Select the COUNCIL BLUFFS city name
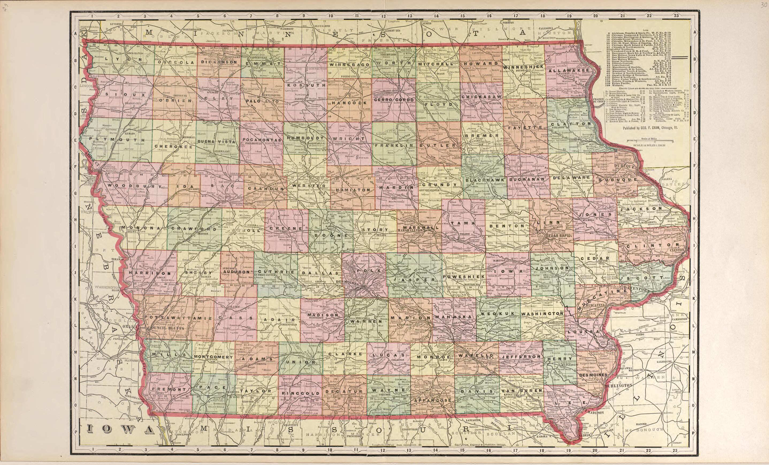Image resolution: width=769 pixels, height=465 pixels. [161, 329]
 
